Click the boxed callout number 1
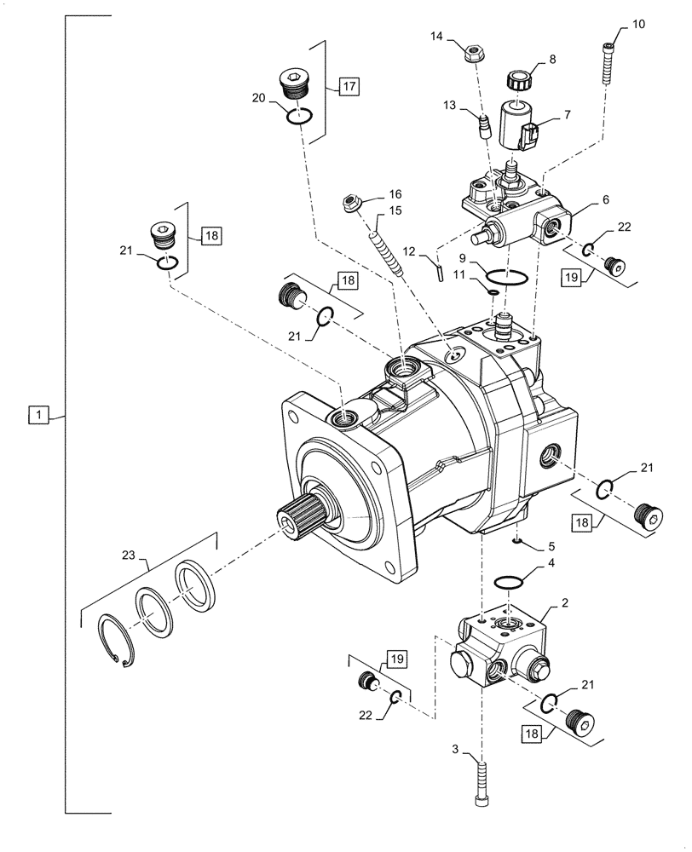click(37, 415)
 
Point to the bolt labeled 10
click(608, 63)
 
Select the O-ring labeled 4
click(509, 581)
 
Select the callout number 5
click(551, 546)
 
